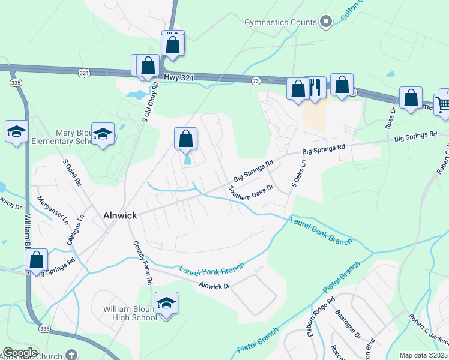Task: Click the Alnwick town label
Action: (x=120, y=215)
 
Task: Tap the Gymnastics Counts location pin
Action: (x=326, y=22)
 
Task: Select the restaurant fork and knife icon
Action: (x=315, y=88)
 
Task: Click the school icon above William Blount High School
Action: (x=166, y=304)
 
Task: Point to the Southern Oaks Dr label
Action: (x=250, y=195)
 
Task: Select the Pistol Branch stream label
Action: (x=259, y=340)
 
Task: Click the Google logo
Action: (x=20, y=353)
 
